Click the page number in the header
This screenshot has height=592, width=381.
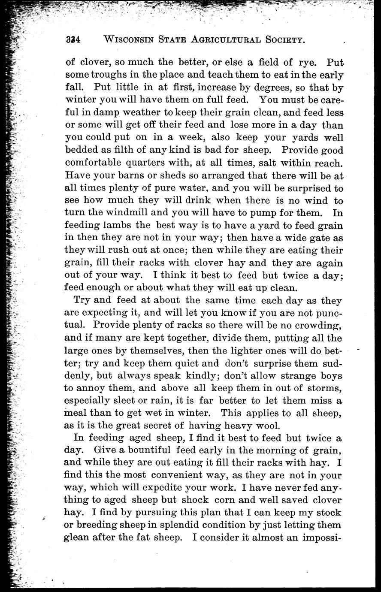(74, 40)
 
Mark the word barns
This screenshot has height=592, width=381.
(114, 176)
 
